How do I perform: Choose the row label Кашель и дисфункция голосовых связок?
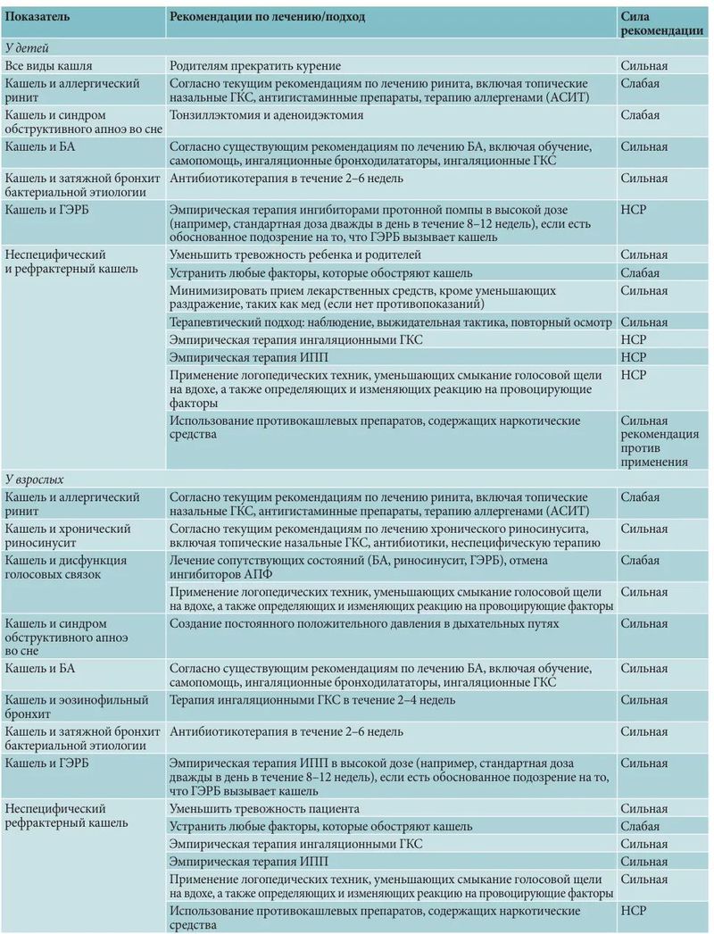tap(66, 567)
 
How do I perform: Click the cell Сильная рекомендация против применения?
tap(655, 441)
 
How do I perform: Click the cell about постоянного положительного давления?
tap(364, 623)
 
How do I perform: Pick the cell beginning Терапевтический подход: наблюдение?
tap(390, 322)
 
